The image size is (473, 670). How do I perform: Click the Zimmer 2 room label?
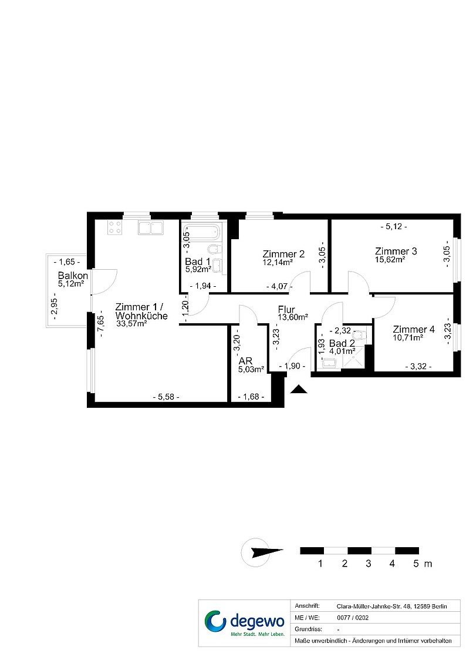pos(283,254)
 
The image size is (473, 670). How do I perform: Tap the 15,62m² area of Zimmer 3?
pos(390,259)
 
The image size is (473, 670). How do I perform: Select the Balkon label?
pos(73,276)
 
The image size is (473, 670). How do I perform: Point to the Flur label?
pos(286,309)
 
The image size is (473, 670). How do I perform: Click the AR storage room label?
pos(246,361)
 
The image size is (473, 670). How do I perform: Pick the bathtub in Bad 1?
pos(203,233)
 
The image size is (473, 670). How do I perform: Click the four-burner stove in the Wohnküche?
pos(115,227)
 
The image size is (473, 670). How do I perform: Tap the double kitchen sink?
pos(151,228)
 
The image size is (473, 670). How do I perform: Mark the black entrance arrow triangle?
pos(299,389)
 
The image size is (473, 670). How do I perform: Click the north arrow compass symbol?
pos(261,552)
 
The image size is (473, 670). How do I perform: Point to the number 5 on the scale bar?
pos(416,564)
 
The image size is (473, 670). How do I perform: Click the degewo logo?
pos(244,623)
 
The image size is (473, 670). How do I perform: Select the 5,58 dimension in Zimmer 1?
pos(166,397)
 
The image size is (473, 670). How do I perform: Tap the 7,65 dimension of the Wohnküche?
pos(101,326)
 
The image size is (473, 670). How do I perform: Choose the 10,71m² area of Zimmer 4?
pos(408,337)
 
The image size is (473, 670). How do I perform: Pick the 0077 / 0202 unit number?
pos(353,618)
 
